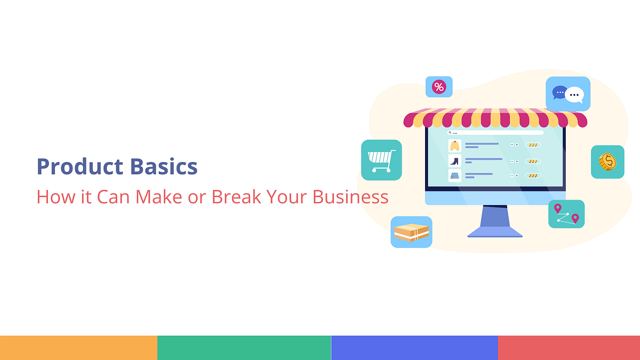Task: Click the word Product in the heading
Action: pyautogui.click(x=80, y=167)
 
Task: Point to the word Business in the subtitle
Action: pyautogui.click(x=350, y=197)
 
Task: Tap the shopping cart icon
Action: pyautogui.click(x=381, y=160)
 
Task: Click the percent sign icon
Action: pyautogui.click(x=439, y=87)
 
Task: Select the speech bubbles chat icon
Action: pyautogui.click(x=568, y=94)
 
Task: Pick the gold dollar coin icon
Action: pyautogui.click(x=607, y=162)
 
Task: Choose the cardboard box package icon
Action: pyautogui.click(x=411, y=232)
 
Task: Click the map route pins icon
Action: pyautogui.click(x=566, y=214)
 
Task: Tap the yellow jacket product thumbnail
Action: pyautogui.click(x=454, y=146)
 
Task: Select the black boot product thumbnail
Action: pyautogui.click(x=454, y=161)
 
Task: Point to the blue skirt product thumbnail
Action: pyautogui.click(x=454, y=175)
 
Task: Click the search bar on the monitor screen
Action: pyautogui.click(x=495, y=132)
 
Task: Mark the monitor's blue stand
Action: pyautogui.click(x=495, y=221)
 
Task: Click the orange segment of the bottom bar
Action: pyautogui.click(x=78, y=348)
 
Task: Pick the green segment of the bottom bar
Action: pyautogui.click(x=244, y=348)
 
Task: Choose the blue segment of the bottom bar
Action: pyautogui.click(x=414, y=348)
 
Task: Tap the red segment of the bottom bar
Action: pyautogui.click(x=569, y=348)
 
